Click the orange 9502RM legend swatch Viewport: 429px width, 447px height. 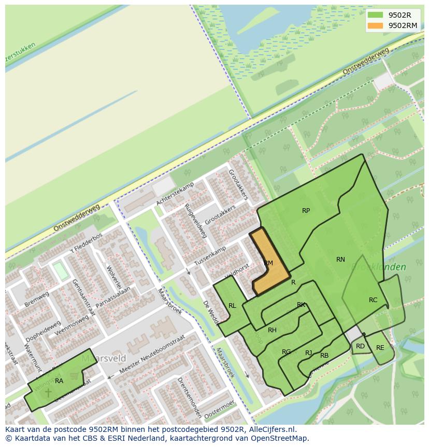[x=376, y=25]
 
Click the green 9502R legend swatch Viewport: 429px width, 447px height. [x=376, y=15]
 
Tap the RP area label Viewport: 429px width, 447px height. [x=306, y=211]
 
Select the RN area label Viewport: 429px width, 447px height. [x=340, y=260]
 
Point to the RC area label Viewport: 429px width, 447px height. [x=373, y=300]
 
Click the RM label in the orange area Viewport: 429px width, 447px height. [x=268, y=263]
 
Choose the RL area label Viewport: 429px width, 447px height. [x=232, y=306]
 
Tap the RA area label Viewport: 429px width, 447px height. [x=59, y=381]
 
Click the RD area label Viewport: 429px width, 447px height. [x=360, y=346]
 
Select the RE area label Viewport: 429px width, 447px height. [x=380, y=348]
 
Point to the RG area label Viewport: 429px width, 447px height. [x=286, y=352]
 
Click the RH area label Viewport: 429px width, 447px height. [x=272, y=330]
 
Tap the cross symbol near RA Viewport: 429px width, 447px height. [x=48, y=392]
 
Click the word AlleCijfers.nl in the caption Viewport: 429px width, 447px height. [x=271, y=429]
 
